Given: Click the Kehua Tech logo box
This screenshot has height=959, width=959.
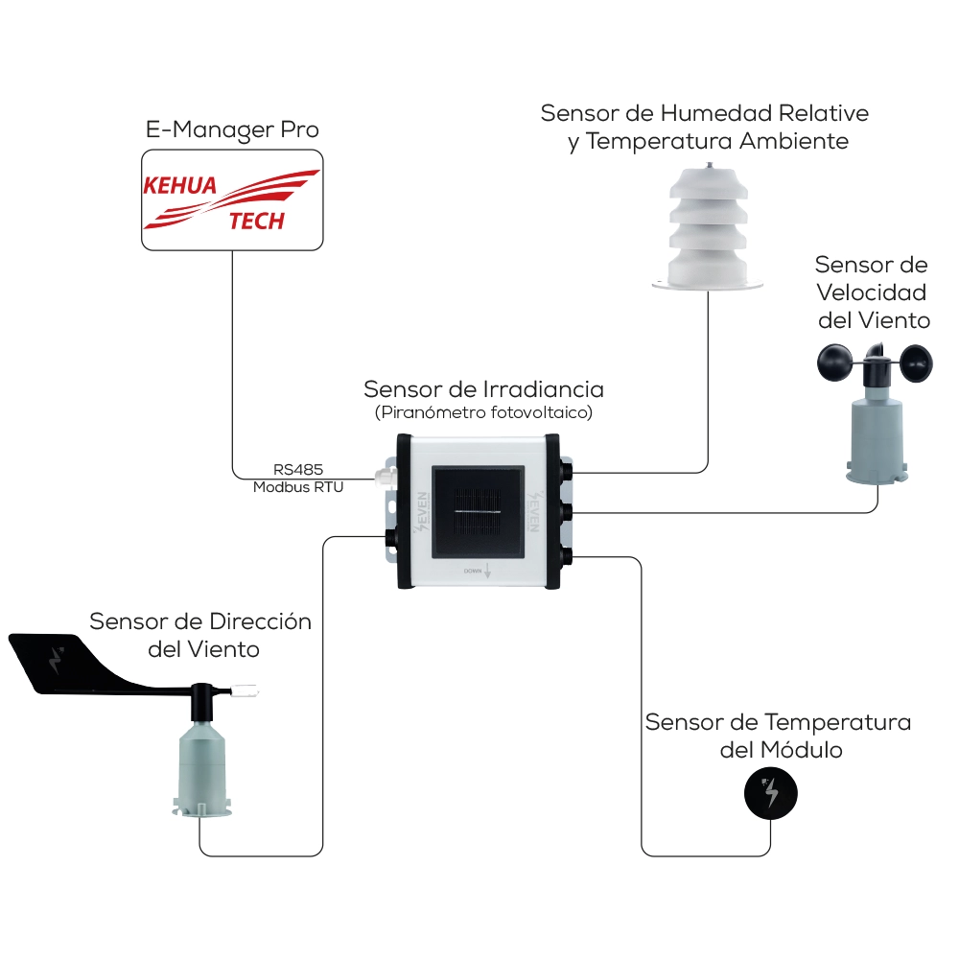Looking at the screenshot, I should pos(231,199).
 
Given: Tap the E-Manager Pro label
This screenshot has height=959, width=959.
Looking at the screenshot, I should pos(232,129).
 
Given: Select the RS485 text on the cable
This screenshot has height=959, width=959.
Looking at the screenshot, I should pos(298,470).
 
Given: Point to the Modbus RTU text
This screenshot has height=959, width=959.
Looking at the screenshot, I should pos(298,487).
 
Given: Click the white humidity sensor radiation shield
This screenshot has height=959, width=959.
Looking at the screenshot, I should pos(707,228).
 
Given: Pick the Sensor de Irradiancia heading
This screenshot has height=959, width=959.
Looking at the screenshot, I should pos(483,390).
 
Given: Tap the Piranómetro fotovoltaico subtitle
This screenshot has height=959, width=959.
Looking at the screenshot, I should pos(483,413).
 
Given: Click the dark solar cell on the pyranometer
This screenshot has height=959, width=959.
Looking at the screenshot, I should pos(478,512).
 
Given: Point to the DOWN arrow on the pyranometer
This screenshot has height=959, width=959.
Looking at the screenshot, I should pos(489,571).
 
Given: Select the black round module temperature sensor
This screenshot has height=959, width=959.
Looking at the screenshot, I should pos(771,793).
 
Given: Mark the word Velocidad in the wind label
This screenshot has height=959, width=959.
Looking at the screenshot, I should pos(872,292).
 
